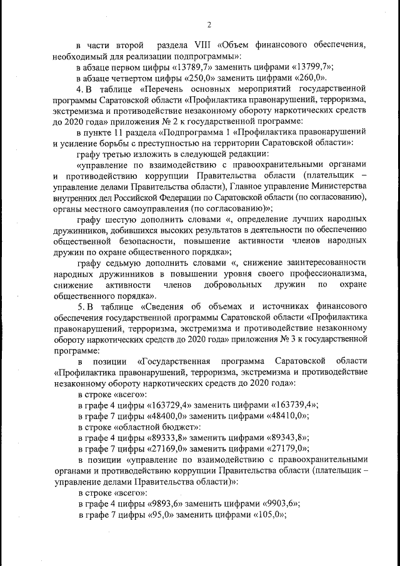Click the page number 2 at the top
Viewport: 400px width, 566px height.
[209, 25]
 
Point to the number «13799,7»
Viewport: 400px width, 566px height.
[311, 67]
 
